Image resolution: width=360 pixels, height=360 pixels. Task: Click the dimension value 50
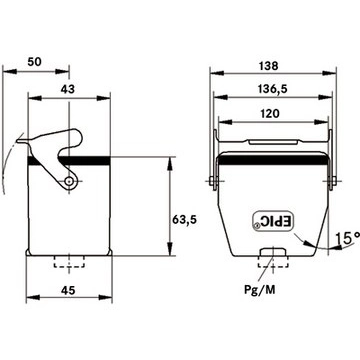(x=35, y=62)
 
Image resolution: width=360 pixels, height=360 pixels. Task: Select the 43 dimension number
(x=68, y=89)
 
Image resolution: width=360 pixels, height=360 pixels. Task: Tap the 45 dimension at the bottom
(x=68, y=290)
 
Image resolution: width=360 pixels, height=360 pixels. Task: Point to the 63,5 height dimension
(x=185, y=219)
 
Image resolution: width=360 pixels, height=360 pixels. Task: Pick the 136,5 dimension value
(x=272, y=89)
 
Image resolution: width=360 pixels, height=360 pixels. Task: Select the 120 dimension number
(x=269, y=114)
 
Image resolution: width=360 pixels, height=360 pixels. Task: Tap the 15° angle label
(x=347, y=238)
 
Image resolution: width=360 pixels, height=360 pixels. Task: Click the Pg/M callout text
(x=260, y=290)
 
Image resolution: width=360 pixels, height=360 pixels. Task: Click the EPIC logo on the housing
(x=273, y=221)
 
